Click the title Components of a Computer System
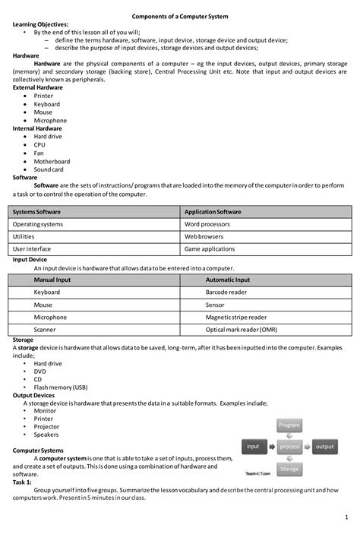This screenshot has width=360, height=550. tap(179, 16)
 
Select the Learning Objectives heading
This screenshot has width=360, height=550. tap(40, 25)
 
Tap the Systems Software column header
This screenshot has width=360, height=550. tap(37, 211)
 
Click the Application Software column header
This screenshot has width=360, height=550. tap(213, 211)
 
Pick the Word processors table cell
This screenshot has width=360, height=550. tap(209, 224)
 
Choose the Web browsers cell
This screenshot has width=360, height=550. tap(204, 236)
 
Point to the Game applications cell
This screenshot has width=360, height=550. tap(210, 248)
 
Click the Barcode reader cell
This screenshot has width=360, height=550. tap(226, 292)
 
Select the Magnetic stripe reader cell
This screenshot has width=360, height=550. tap(236, 317)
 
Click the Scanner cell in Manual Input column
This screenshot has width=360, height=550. tap(46, 330)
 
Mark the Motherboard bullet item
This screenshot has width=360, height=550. tap(52, 161)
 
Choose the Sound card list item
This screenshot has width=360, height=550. tap(49, 169)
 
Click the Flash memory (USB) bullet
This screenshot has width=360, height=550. tap(61, 387)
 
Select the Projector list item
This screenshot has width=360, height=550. tap(48, 426)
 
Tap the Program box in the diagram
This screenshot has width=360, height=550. tap(289, 425)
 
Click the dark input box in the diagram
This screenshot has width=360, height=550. tap(254, 447)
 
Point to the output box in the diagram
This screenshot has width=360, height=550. tap(324, 447)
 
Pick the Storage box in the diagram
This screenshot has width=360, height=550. tap(289, 469)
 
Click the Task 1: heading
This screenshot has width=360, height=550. tap(23, 482)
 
